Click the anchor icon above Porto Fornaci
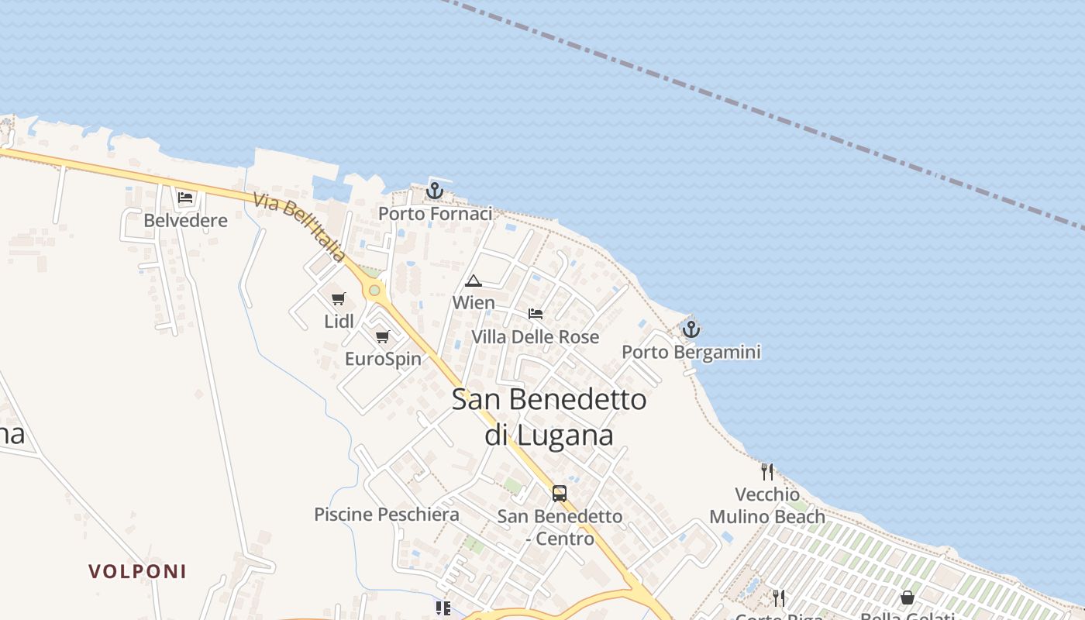coord(435,190)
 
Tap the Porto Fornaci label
coord(435,213)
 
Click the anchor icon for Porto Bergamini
coord(691,329)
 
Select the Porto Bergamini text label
coord(691,353)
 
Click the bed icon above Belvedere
coord(185,198)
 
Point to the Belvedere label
coord(186,221)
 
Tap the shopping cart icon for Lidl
coord(338,298)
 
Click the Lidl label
coord(339,321)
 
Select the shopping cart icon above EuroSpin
coord(382,336)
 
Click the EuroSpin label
coord(383,359)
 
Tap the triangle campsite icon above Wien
coord(474,281)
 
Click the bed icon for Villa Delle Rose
coord(536,314)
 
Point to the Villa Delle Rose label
coord(536,337)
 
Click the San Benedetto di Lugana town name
coord(549,417)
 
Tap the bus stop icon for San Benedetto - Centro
coord(560,493)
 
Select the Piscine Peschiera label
coord(387,515)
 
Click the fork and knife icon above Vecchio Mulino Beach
coord(767,471)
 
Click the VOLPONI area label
coord(137,572)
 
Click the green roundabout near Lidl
coord(375,290)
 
